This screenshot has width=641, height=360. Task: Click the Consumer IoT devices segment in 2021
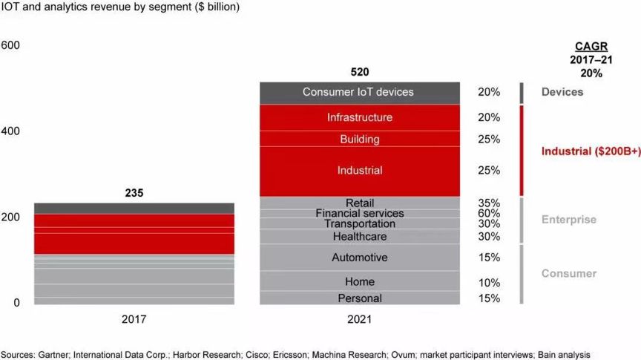click(358, 92)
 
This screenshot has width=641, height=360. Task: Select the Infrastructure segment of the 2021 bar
click(360, 117)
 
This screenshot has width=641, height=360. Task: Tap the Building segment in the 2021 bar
click(360, 139)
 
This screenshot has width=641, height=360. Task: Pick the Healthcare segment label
click(360, 237)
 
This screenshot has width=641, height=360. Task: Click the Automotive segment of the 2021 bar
click(360, 258)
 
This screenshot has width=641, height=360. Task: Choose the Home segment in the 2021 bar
click(360, 282)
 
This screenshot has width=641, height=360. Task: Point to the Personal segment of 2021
click(360, 298)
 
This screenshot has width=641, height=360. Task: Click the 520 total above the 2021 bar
click(359, 72)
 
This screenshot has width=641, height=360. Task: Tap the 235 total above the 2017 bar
click(134, 193)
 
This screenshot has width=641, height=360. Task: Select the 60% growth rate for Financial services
click(489, 214)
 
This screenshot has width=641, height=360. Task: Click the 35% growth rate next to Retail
click(489, 203)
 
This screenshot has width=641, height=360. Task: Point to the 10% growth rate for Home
click(489, 283)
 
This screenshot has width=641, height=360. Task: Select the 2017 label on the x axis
click(134, 320)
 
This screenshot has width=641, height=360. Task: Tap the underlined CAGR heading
click(586, 46)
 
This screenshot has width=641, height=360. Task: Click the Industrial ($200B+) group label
click(591, 151)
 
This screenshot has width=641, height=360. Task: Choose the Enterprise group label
click(568, 220)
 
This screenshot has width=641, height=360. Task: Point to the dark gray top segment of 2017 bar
click(134, 209)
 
